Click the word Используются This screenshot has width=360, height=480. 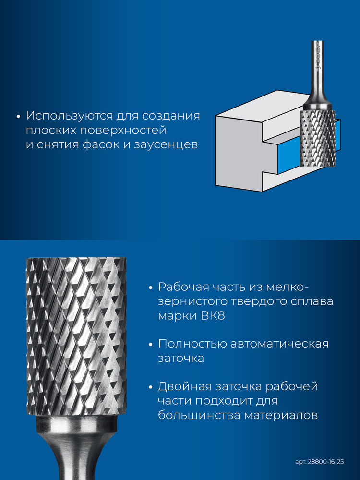tap(69, 116)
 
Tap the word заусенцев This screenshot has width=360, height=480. tap(166, 144)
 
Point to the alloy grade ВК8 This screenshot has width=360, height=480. tap(213, 316)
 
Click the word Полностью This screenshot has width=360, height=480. tap(192, 344)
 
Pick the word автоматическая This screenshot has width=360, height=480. tap(279, 344)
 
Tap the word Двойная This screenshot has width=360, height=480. tap(185, 386)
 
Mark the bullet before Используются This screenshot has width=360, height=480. tap(18, 117)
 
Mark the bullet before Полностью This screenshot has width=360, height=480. tap(150, 344)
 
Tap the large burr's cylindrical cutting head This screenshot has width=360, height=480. tap(76, 336)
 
